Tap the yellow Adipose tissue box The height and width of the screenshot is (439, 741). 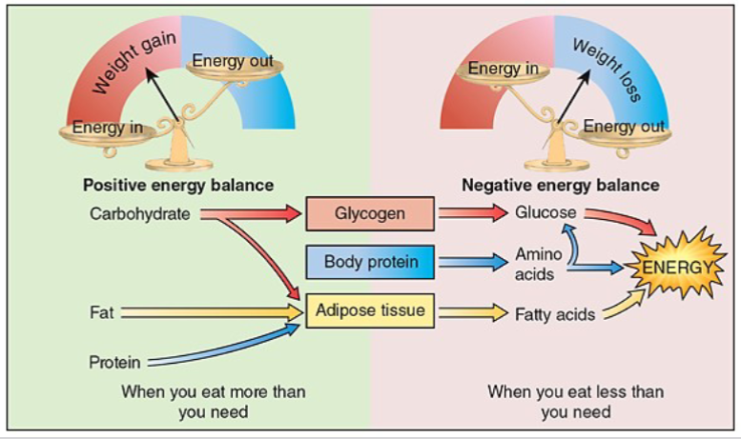pos(370,310)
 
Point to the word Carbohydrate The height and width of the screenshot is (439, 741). pos(140,213)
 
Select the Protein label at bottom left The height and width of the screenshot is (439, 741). pos(114,362)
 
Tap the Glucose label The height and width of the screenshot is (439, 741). pos(545,213)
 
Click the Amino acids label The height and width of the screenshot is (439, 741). pos(538,264)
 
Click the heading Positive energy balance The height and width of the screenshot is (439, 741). pos(178,185)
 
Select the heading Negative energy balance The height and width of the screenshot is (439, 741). pos(559,185)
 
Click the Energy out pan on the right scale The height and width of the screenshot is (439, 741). pos(624,128)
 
